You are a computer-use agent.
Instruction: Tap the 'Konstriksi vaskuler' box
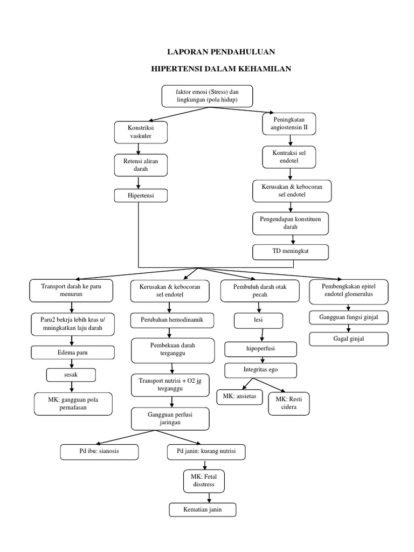(x=141, y=133)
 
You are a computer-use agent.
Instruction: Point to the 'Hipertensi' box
(x=141, y=195)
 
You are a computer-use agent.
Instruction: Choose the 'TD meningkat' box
(x=291, y=251)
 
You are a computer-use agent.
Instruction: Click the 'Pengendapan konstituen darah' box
(x=291, y=223)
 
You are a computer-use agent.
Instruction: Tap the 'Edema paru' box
(x=73, y=353)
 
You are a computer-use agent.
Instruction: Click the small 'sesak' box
(x=71, y=374)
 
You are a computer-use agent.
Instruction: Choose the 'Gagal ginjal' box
(x=348, y=339)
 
